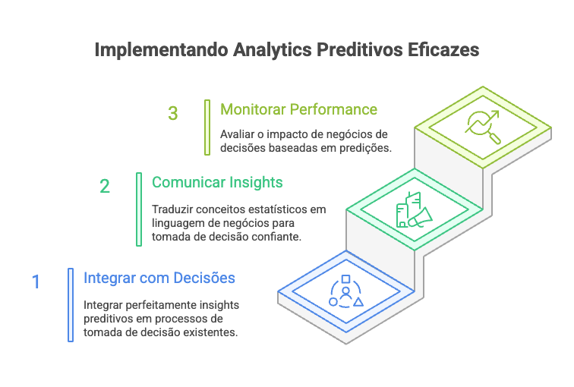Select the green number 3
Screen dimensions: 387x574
point(173,114)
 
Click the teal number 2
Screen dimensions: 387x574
point(105,186)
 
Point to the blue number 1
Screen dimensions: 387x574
point(36,282)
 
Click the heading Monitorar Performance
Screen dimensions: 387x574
point(298,109)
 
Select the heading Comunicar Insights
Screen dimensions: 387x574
point(217,182)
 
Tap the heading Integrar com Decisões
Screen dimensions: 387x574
point(159,278)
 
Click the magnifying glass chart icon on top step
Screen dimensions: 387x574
point(483,127)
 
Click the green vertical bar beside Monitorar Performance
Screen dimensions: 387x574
point(207,127)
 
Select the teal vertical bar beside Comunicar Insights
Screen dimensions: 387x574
point(138,209)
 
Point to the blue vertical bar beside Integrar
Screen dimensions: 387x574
point(70,304)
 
